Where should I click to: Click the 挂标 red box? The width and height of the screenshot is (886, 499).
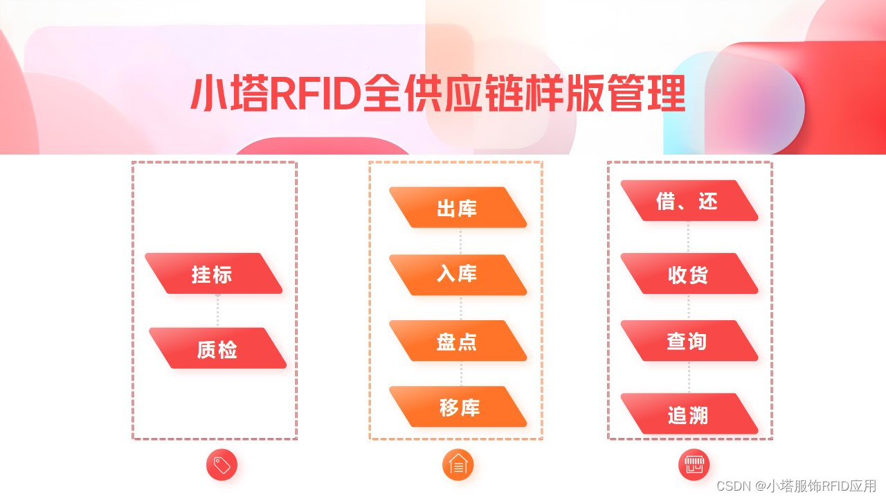[213, 274]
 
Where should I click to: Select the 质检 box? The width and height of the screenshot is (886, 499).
[217, 349]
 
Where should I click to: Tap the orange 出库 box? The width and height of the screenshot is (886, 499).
[457, 207]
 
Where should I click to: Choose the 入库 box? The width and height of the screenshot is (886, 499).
[457, 274]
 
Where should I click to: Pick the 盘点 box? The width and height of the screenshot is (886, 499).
[457, 340]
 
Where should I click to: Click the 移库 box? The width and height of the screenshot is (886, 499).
[458, 407]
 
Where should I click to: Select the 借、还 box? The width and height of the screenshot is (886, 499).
[688, 201]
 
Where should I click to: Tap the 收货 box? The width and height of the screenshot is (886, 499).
[688, 274]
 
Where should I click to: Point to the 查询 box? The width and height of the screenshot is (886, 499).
[688, 340]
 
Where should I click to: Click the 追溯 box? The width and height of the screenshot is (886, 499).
[688, 414]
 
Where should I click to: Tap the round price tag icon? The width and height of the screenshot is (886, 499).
[221, 465]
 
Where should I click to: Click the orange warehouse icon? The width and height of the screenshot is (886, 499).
[458, 465]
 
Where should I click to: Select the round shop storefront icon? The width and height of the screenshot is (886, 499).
[694, 465]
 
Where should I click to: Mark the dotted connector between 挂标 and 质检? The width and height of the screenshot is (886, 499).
[217, 310]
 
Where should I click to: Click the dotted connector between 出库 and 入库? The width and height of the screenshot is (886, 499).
[460, 240]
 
